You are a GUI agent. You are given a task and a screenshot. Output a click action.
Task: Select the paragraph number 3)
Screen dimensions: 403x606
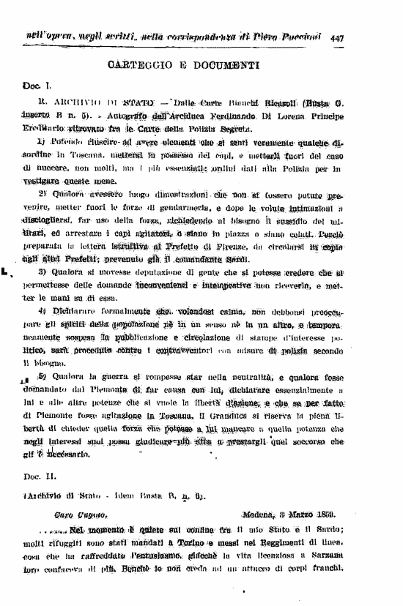pos(43,273)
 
